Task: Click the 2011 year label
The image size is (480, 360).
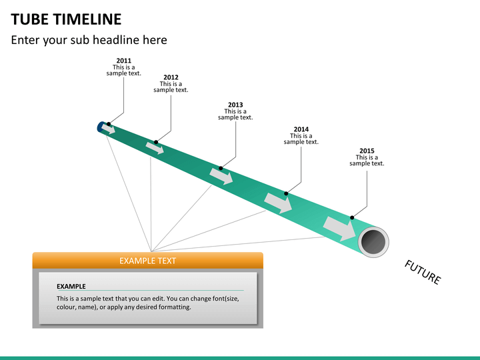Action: click(x=124, y=61)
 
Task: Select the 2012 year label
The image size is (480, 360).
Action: click(x=171, y=77)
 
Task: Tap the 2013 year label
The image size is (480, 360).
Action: click(x=235, y=105)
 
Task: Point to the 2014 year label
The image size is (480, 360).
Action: click(x=301, y=129)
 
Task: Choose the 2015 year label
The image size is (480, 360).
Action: click(x=367, y=151)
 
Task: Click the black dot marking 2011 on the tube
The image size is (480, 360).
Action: click(x=109, y=124)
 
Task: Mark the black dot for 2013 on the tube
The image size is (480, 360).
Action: click(x=221, y=168)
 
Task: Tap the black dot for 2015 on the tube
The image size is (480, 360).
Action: click(x=352, y=217)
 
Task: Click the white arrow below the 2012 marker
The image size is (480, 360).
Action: click(x=155, y=148)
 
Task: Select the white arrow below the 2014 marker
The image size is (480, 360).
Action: click(x=278, y=203)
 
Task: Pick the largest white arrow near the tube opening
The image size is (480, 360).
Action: click(x=339, y=229)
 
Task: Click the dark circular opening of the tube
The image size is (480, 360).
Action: click(x=373, y=241)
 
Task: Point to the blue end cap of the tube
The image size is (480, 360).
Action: click(x=99, y=127)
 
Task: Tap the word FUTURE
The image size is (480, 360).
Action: click(x=423, y=272)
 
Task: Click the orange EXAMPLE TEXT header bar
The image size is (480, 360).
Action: click(x=148, y=261)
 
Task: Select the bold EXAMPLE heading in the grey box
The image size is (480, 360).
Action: click(x=71, y=286)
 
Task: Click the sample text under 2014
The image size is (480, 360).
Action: click(x=301, y=139)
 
